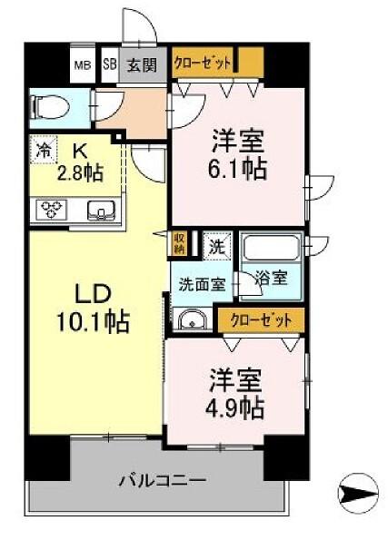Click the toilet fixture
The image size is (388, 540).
click(46, 107)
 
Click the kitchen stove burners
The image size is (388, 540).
click(48, 210)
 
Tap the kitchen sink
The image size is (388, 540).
click(101, 211)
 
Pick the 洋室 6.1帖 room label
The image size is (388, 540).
click(239, 154)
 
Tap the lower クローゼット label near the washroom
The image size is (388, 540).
click(261, 320)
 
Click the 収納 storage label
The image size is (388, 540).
click(179, 242)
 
